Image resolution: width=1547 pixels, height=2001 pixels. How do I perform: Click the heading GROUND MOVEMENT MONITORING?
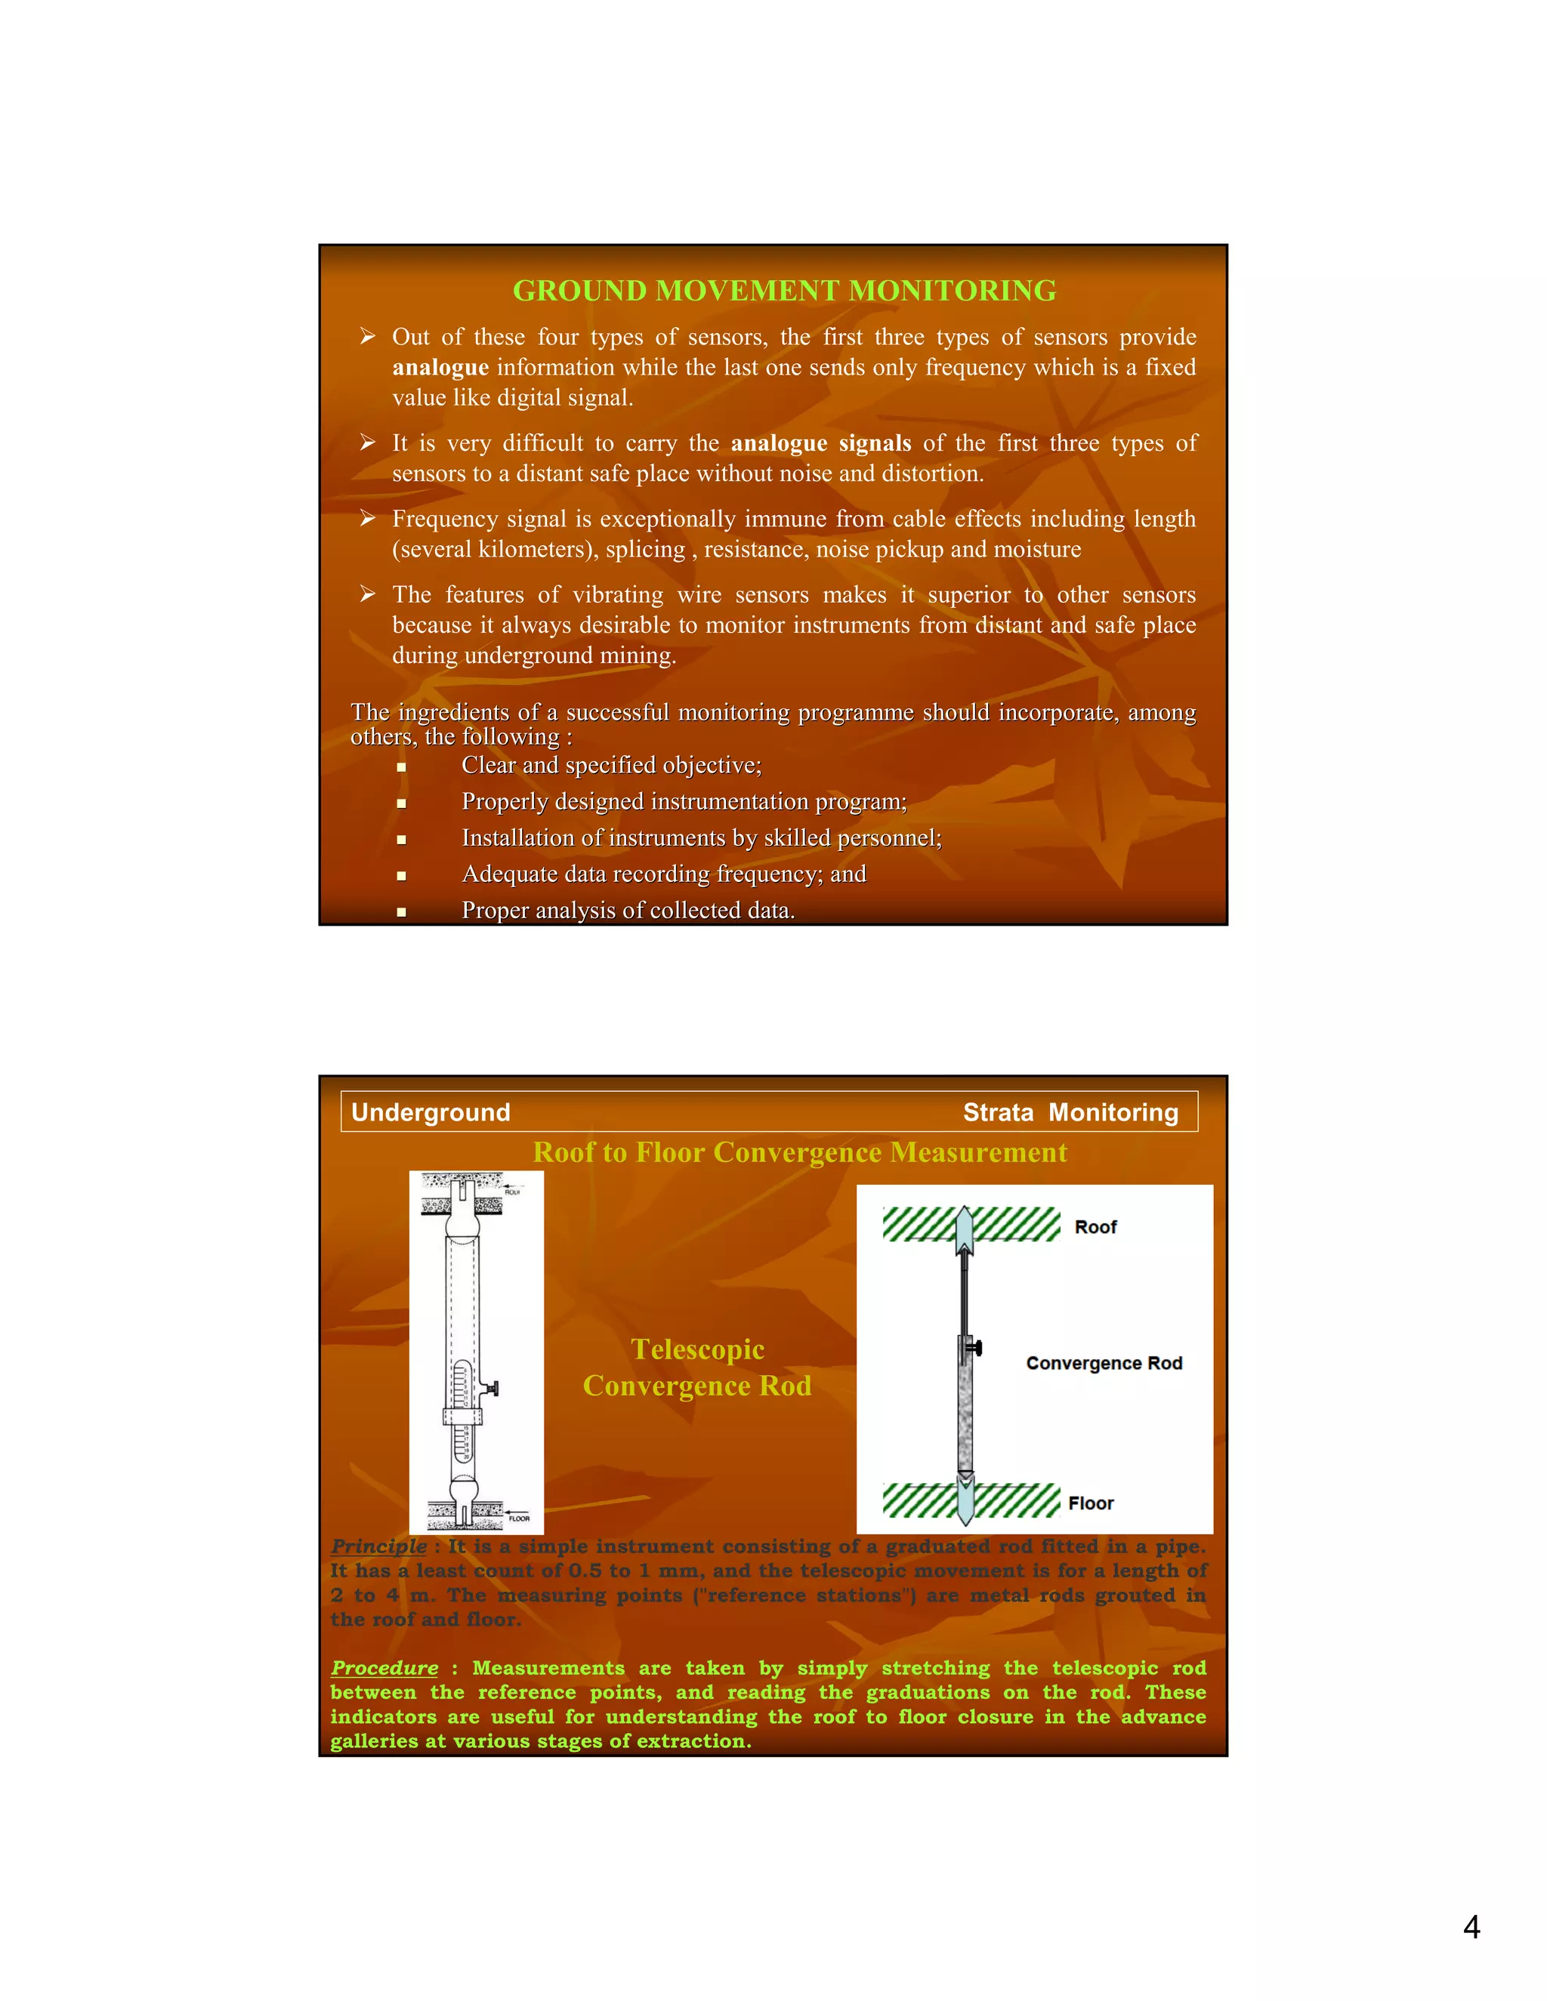783,291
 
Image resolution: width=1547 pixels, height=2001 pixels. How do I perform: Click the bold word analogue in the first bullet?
440,368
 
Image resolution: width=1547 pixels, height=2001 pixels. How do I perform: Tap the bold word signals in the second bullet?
874,443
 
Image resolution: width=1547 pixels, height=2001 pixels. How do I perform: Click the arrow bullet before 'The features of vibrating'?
368,594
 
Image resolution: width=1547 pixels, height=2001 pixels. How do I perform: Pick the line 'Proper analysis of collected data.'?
628,911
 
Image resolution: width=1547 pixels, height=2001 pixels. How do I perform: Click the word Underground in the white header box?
431,1112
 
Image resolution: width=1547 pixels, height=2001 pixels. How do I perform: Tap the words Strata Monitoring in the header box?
1070,1112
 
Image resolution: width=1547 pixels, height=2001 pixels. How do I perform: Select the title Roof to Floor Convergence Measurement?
800,1152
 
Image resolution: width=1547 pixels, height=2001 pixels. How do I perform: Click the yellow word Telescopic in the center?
697,1349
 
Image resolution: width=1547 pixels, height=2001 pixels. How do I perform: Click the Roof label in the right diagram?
1095,1228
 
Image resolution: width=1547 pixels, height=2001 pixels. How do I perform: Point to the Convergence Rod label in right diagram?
1104,1363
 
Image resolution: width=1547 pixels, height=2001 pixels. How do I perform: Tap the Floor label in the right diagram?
1091,1503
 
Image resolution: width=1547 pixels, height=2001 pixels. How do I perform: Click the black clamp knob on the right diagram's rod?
976,1348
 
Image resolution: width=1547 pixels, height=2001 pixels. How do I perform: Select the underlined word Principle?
378,1546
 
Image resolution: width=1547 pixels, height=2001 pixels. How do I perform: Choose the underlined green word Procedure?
384,1669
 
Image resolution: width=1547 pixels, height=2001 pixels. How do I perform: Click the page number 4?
1471,1928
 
